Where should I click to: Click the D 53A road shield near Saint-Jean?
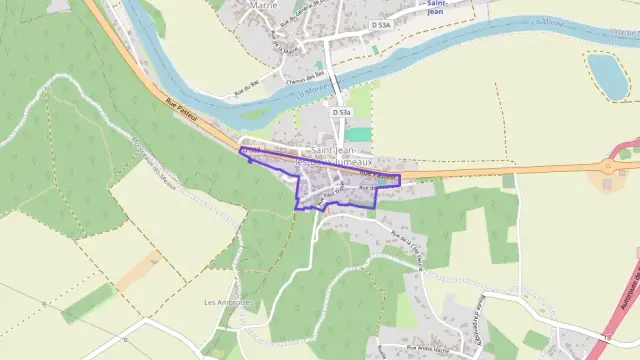[379, 24]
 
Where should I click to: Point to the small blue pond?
[608, 76]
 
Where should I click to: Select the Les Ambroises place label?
[225, 302]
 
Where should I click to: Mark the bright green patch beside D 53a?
[358, 134]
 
